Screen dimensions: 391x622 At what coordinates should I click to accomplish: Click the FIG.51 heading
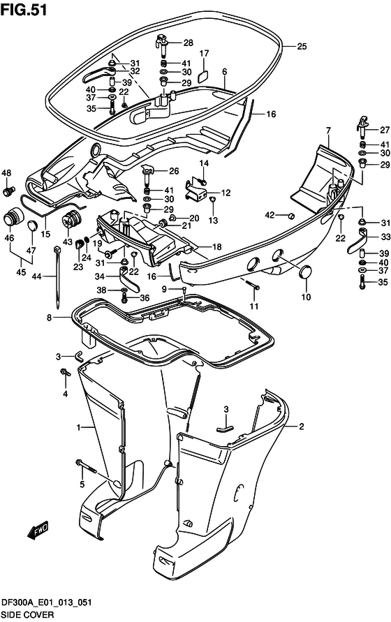pyautogui.click(x=24, y=9)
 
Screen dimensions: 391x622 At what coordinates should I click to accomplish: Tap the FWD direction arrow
pyautogui.click(x=38, y=530)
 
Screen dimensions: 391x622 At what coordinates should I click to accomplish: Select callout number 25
pyautogui.click(x=302, y=46)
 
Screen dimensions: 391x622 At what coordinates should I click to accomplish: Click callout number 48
pyautogui.click(x=6, y=173)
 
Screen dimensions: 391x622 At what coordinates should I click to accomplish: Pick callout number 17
pyautogui.click(x=204, y=54)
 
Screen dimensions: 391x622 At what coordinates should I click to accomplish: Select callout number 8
pyautogui.click(x=49, y=318)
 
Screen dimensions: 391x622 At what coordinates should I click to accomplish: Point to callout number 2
pyautogui.click(x=302, y=427)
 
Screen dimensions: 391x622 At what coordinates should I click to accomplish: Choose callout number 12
pyautogui.click(x=226, y=193)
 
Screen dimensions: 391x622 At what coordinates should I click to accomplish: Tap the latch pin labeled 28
pyautogui.click(x=163, y=45)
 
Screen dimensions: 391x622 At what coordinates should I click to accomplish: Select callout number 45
pyautogui.click(x=21, y=272)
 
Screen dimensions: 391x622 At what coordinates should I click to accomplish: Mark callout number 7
pyautogui.click(x=328, y=130)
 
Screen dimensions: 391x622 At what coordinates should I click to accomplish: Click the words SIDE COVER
pyautogui.click(x=27, y=615)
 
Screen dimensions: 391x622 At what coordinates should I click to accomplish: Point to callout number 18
pyautogui.click(x=216, y=246)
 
